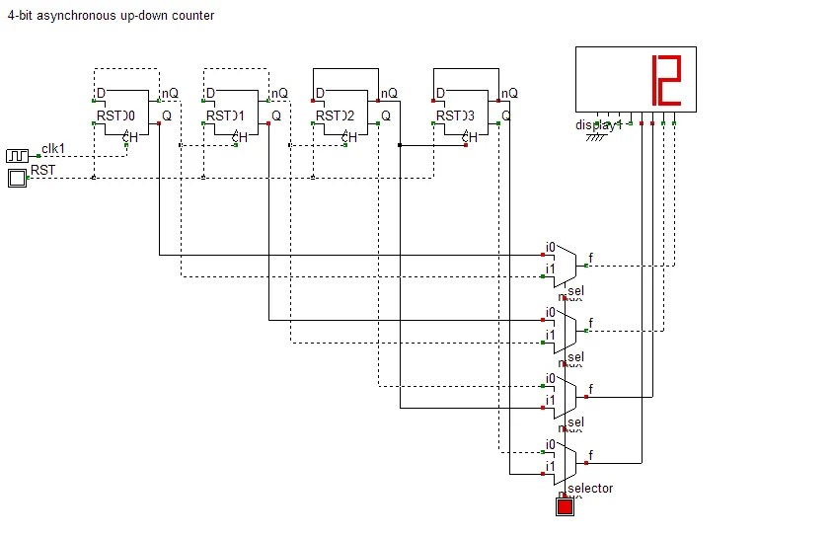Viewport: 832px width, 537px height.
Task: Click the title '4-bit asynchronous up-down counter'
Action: pyautogui.click(x=111, y=16)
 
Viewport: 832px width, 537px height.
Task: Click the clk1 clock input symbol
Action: pyautogui.click(x=18, y=156)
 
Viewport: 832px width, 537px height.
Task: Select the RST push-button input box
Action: pyautogui.click(x=18, y=178)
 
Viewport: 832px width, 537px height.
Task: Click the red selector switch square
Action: pyautogui.click(x=565, y=507)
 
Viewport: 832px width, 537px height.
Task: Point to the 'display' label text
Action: pyautogui.click(x=595, y=125)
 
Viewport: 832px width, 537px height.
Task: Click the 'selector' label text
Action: pyautogui.click(x=590, y=488)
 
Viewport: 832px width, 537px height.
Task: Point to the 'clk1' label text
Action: pyautogui.click(x=53, y=149)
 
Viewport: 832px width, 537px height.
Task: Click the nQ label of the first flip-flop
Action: pyautogui.click(x=171, y=94)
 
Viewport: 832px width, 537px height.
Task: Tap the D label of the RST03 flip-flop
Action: pyautogui.click(x=440, y=94)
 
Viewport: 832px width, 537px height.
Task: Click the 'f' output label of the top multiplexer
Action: pyautogui.click(x=591, y=259)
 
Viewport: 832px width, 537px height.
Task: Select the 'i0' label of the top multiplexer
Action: pyautogui.click(x=551, y=247)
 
